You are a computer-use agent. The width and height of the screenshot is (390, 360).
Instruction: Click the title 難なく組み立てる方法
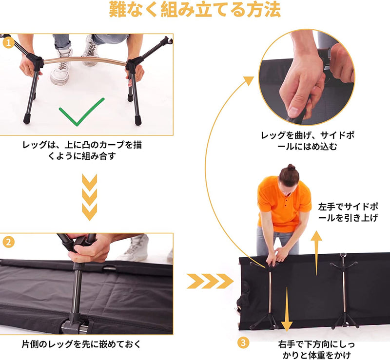tap(195, 11)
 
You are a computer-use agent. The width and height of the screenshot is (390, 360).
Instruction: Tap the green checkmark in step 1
tap(81, 110)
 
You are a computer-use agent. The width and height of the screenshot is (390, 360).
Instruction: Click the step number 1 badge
tap(7, 43)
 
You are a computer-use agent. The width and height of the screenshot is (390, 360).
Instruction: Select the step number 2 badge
tap(7, 241)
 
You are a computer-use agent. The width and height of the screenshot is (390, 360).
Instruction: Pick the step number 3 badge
tap(243, 342)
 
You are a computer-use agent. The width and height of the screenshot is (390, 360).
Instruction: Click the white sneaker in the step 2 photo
tap(134, 248)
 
